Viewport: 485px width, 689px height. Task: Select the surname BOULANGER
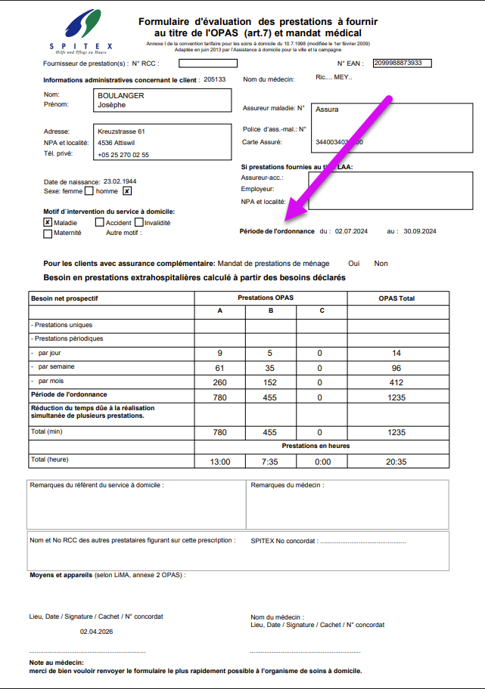click(x=121, y=96)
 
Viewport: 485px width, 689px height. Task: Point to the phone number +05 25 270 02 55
click(x=123, y=155)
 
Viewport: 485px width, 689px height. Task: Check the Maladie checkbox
click(x=48, y=223)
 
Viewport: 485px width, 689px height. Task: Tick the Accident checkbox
click(x=99, y=223)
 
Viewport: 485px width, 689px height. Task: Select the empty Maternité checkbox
click(x=48, y=233)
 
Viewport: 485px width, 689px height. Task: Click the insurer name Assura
click(x=328, y=110)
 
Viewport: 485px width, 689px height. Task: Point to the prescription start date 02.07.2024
click(x=350, y=231)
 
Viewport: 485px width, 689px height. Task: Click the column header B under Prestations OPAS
click(x=270, y=311)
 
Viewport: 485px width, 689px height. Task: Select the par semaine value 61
click(x=219, y=368)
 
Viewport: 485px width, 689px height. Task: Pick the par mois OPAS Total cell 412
click(x=397, y=382)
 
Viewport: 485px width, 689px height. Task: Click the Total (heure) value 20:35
click(x=397, y=461)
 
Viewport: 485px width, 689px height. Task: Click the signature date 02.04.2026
click(x=96, y=632)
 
